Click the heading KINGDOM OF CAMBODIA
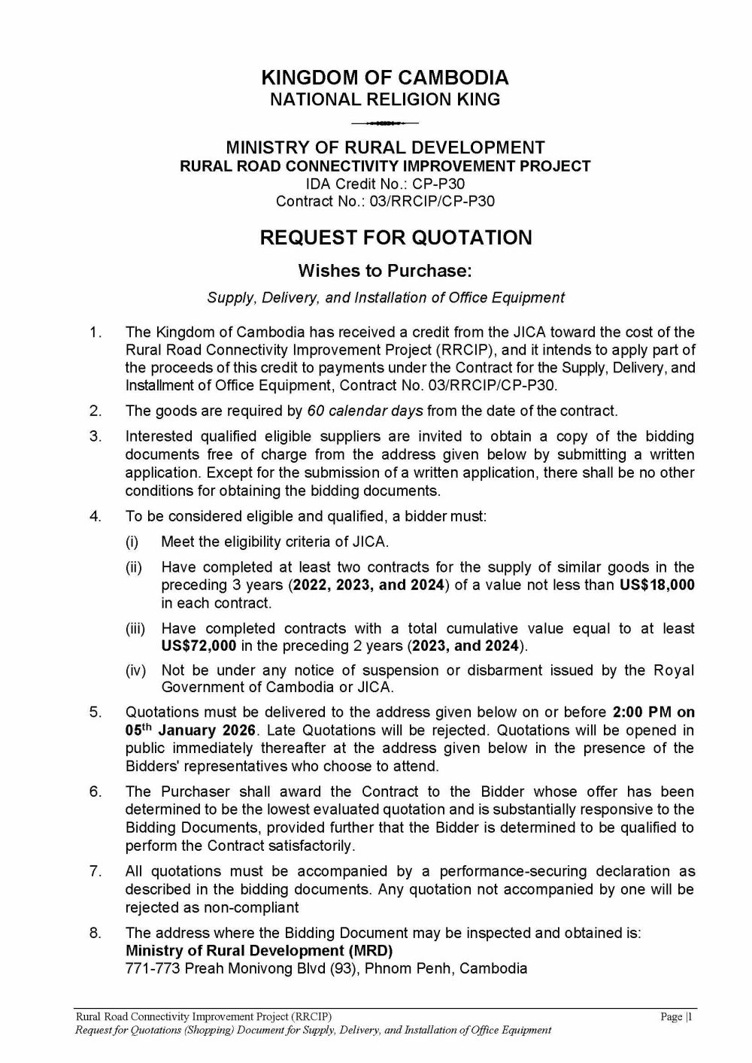click(x=384, y=77)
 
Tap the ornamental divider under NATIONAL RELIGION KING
click(x=384, y=122)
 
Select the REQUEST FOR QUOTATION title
click(x=396, y=238)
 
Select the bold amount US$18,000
click(x=656, y=585)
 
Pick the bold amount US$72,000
click(x=199, y=646)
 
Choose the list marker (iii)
click(x=136, y=628)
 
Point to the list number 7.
click(x=95, y=871)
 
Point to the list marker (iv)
click(x=136, y=670)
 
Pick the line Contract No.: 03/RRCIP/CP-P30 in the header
click(x=385, y=202)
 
